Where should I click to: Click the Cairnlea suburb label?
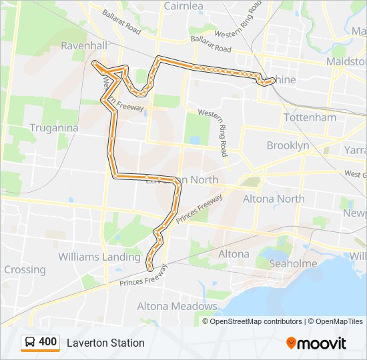183,6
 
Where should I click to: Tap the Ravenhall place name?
83,46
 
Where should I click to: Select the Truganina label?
54,127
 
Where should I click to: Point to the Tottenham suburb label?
310,117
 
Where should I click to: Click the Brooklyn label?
288,145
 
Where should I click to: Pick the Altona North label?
274,199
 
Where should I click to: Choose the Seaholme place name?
293,264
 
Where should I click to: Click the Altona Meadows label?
177,307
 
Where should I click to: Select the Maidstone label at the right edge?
346,61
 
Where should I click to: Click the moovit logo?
316,343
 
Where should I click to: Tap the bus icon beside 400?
30,343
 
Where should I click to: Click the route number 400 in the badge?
48,342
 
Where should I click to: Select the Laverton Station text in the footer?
105,343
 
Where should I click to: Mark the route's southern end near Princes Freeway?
148,267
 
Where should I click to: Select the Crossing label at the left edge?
24,270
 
